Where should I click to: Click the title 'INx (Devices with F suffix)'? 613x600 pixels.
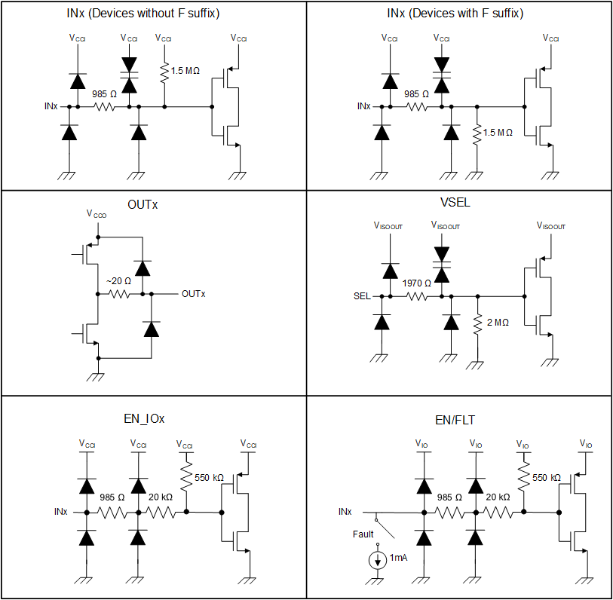[x=459, y=14]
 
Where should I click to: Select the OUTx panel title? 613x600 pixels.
[x=143, y=205]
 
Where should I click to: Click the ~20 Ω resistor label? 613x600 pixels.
[x=118, y=281]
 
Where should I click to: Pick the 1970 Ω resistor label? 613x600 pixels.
[x=417, y=283]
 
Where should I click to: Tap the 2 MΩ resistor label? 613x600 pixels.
[x=498, y=323]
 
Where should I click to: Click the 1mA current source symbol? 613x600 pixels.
[x=375, y=561]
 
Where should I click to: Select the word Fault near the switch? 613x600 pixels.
[x=363, y=534]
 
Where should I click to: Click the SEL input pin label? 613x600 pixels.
[x=362, y=296]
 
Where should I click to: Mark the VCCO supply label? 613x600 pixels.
[x=97, y=214]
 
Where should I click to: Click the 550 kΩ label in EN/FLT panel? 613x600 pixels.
[x=547, y=478]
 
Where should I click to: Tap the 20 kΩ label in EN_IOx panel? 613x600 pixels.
[x=161, y=497]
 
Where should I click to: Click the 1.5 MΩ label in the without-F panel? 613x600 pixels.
[x=185, y=71]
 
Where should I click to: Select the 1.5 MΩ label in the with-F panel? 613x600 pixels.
[x=498, y=133]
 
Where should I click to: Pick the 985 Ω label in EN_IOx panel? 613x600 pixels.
[x=112, y=497]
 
